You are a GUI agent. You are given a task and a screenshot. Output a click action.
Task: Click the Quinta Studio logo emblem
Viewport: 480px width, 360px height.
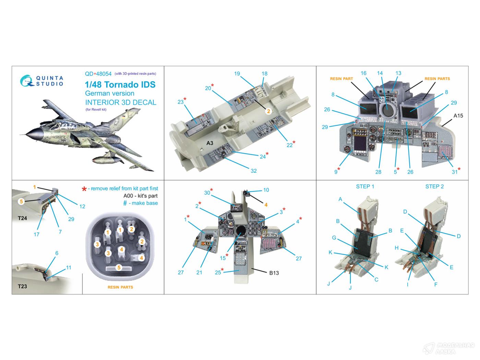tap(27, 81)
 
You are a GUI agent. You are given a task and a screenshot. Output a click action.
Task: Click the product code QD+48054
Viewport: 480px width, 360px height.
tap(98, 74)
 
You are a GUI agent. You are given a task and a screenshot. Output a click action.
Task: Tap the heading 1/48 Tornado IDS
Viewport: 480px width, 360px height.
tap(120, 85)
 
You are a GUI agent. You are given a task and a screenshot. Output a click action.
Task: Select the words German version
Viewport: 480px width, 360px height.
tap(110, 93)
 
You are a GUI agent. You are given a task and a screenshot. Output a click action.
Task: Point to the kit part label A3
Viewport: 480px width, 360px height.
tap(210, 143)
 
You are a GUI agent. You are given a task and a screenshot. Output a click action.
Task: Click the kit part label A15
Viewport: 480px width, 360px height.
tap(458, 116)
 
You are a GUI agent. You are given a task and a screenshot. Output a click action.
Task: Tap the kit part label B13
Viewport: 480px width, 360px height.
tap(274, 273)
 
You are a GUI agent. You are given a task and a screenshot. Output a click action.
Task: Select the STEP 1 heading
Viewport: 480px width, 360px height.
tap(365, 187)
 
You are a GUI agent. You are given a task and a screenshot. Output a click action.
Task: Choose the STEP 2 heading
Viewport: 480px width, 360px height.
tap(434, 187)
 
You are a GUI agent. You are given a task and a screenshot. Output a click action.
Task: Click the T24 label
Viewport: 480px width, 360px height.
tap(22, 218)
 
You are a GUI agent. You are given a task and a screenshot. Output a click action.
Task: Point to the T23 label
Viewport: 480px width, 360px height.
tap(22, 286)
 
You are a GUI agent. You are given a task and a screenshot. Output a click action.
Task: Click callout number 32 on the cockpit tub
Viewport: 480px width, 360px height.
tap(254, 171)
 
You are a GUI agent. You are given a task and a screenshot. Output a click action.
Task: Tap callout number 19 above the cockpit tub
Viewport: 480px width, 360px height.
tap(237, 74)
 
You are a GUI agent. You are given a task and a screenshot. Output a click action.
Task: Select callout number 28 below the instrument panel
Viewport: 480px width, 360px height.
tap(378, 172)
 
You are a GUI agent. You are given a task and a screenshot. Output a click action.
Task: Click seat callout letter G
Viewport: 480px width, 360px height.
tap(334, 238)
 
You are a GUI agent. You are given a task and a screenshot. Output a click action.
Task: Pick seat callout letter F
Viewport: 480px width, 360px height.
tap(436, 284)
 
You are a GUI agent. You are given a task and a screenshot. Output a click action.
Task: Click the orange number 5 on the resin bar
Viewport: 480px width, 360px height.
tap(119, 268)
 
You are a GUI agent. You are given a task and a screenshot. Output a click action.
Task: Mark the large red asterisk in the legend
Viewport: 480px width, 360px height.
tap(84, 189)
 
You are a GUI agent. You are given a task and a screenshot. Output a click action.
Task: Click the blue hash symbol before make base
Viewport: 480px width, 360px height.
tap(125, 203)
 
